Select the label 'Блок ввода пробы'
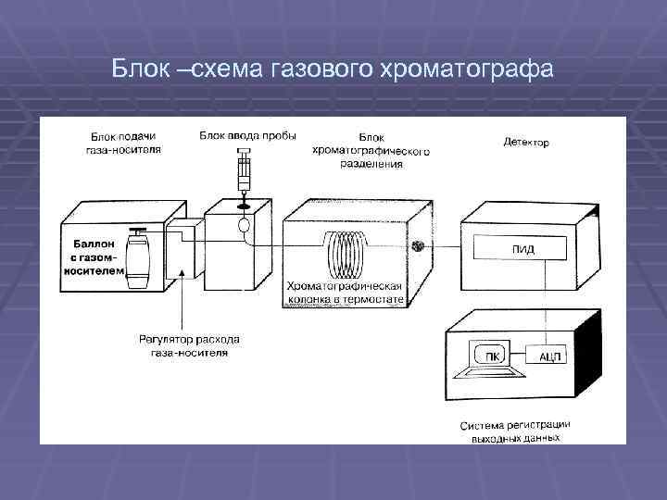247,135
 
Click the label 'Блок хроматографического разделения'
371,149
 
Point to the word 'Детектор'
526,143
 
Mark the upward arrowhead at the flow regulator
184,273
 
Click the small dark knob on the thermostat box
418,246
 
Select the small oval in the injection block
245,224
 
